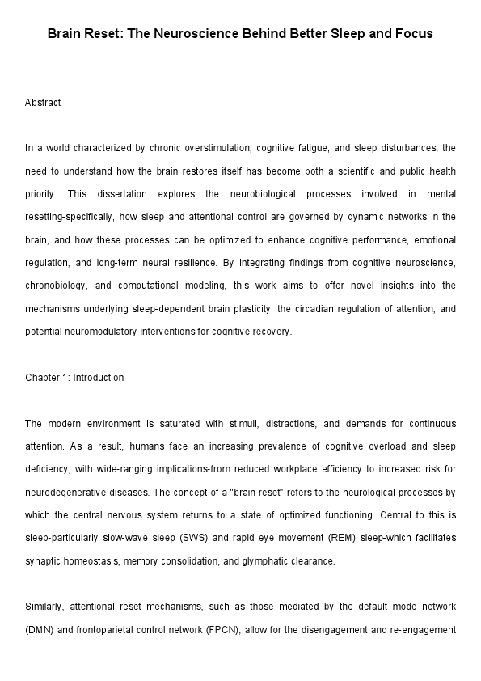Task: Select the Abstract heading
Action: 43,103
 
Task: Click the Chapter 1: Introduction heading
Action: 74,378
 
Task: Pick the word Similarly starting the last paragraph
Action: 44,606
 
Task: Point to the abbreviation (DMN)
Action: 39,628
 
